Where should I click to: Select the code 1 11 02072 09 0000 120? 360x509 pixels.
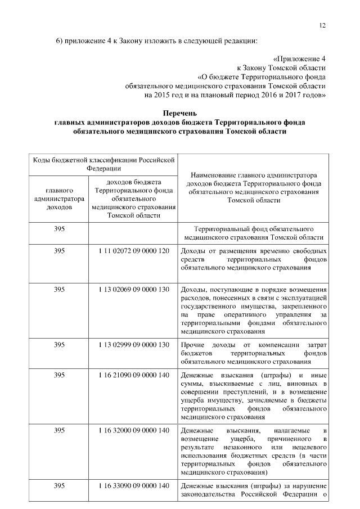pos(133,250)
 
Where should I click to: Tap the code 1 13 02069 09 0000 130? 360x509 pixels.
pos(133,290)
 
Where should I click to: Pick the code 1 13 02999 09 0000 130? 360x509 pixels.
pos(133,344)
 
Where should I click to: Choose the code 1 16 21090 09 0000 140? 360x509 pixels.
pos(133,375)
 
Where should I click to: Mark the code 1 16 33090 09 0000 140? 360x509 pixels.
pos(133,485)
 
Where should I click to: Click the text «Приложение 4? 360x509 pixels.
pos(299,58)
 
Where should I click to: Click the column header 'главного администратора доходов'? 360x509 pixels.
pos(59,199)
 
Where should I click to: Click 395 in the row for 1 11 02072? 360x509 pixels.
pos(59,250)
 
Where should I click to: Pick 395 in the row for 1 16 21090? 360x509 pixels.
pos(59,375)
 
